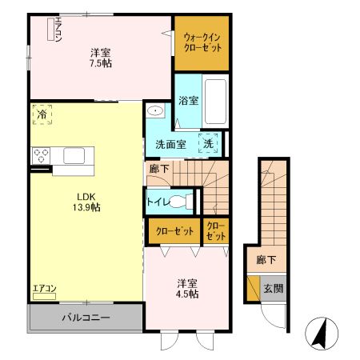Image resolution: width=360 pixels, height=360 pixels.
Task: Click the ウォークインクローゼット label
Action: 201,42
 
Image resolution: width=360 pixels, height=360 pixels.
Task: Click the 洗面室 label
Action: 166,145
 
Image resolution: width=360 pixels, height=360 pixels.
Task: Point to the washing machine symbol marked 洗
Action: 209,144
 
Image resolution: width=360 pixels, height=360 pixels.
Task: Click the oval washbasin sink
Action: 155,112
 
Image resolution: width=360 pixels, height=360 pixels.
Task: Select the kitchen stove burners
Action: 40,154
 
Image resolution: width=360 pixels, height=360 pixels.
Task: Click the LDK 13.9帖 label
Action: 87,202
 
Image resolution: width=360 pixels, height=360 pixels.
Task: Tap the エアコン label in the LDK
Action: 44,289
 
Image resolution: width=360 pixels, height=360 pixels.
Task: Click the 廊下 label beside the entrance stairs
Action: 266,259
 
